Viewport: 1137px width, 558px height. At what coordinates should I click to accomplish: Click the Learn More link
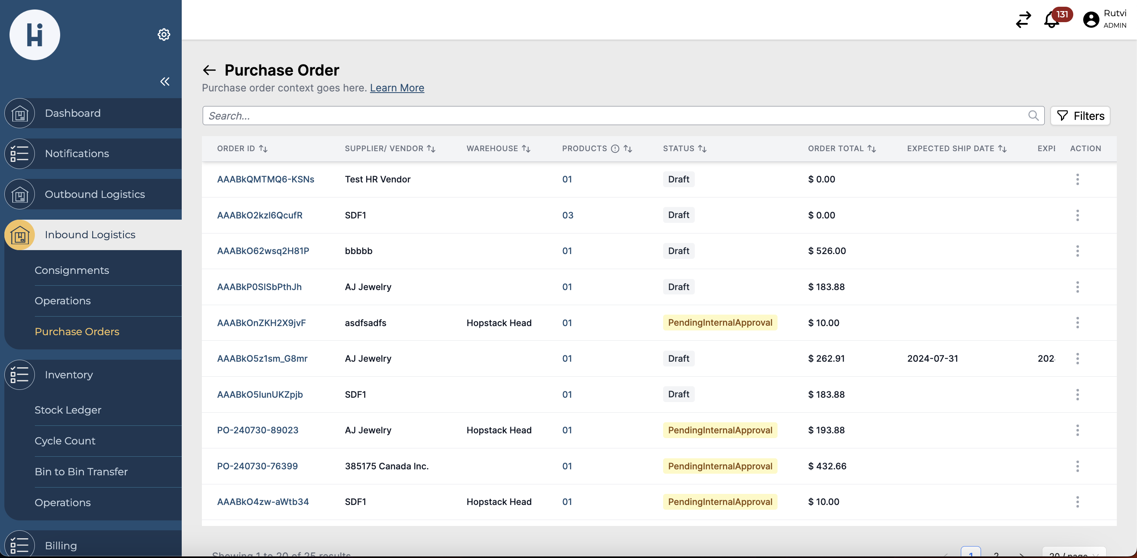(x=397, y=88)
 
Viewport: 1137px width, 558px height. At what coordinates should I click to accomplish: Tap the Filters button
(x=1080, y=116)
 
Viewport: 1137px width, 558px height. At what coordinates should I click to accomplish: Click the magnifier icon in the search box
(x=1033, y=116)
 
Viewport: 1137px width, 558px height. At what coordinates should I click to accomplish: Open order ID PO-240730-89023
(x=257, y=430)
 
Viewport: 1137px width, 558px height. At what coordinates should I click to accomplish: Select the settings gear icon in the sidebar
(x=164, y=34)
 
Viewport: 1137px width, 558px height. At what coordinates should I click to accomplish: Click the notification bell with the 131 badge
(x=1051, y=20)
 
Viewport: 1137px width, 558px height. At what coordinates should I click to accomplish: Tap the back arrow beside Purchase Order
(x=209, y=70)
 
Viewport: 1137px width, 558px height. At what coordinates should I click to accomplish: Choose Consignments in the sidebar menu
(x=72, y=270)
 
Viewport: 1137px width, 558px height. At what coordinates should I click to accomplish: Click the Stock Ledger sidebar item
(x=68, y=410)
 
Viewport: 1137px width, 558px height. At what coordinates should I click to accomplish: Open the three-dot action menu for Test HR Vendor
(x=1077, y=179)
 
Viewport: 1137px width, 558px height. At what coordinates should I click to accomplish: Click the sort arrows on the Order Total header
(x=871, y=149)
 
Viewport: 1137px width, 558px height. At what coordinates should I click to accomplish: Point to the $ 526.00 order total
(x=827, y=251)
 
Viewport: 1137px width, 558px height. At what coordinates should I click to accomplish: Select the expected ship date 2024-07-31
(x=932, y=359)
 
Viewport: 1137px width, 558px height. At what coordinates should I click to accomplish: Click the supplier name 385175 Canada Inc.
(x=387, y=466)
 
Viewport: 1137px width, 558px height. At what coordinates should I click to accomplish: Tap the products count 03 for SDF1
(x=568, y=215)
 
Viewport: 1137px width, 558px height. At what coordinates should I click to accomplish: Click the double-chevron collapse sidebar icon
(x=165, y=81)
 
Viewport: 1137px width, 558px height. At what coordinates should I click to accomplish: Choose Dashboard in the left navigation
(x=72, y=113)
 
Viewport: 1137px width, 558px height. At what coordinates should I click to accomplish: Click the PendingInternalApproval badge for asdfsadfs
(x=719, y=323)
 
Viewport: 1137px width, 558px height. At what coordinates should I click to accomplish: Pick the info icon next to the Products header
(x=615, y=149)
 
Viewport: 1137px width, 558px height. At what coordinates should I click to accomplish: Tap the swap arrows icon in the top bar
(x=1023, y=20)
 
